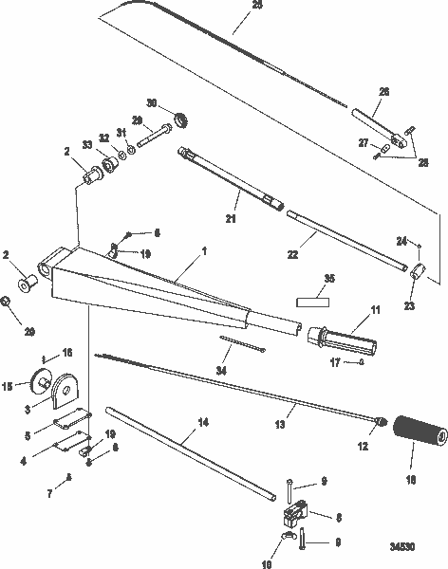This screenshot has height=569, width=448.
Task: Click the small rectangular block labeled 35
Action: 311,302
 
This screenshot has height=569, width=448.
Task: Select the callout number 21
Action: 230,220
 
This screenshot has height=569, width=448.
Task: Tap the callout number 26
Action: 384,92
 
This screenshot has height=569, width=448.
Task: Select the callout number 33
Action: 88,145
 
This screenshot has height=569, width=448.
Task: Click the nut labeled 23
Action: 417,275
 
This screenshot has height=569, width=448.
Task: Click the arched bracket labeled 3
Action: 69,393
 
